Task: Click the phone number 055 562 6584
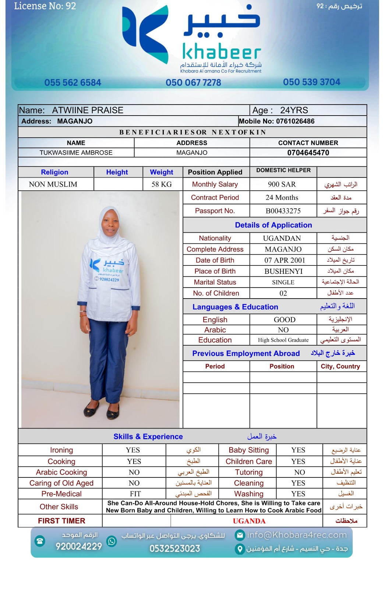tap(73, 82)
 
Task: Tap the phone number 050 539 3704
tap(311, 82)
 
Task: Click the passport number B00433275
tap(283, 211)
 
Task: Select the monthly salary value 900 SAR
tap(282, 184)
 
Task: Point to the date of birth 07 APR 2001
tap(285, 260)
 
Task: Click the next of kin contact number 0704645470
tap(308, 153)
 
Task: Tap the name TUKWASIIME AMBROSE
tap(76, 153)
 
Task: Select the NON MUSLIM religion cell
tap(53, 184)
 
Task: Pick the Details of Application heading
tap(273, 225)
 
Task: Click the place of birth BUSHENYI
tap(283, 271)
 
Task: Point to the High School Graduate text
tap(283, 340)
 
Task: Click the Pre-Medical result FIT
tap(135, 494)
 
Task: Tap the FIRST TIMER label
tap(61, 521)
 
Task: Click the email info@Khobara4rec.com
tap(297, 535)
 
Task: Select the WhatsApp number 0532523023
tap(174, 549)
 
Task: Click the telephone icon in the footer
tap(40, 541)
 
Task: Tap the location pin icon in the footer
tap(240, 549)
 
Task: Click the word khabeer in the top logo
tap(222, 53)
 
